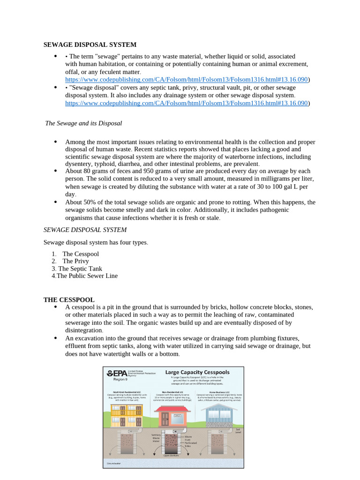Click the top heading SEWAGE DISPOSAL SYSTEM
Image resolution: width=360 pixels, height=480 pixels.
tap(90, 45)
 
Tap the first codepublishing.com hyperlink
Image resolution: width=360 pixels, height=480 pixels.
tap(186, 80)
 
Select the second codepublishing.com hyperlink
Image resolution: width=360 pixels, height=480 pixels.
tap(186, 103)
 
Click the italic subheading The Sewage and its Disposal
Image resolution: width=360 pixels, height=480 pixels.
tap(83, 123)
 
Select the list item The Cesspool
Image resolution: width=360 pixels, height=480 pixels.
tap(81, 254)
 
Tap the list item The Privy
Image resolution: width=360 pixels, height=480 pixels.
tap(75, 261)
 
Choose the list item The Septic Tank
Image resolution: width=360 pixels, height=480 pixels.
tap(80, 269)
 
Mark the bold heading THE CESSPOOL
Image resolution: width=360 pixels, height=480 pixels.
tap(69, 300)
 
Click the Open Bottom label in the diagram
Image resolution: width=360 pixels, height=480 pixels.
tap(172, 455)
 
